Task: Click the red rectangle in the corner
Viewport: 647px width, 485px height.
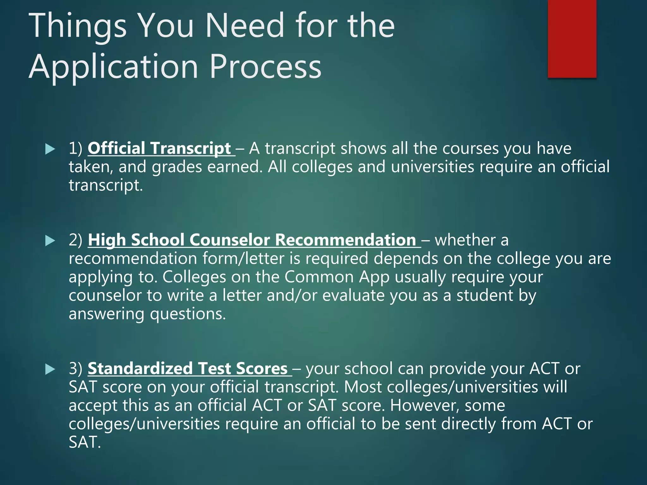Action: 572,39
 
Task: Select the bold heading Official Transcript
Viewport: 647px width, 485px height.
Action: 160,148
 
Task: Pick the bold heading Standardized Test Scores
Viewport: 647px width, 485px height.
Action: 188,368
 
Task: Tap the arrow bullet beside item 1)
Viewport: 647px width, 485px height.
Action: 50,149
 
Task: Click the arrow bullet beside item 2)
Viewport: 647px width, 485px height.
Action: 50,241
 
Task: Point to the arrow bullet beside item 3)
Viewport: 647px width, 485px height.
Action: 50,369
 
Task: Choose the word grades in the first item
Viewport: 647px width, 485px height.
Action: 177,167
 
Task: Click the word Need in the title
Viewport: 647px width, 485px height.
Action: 245,26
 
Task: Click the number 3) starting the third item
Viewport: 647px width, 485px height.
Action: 76,368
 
